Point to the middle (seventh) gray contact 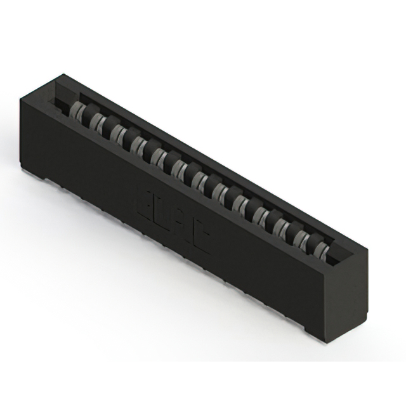(x=199, y=179)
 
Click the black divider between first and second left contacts (x=88, y=113)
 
